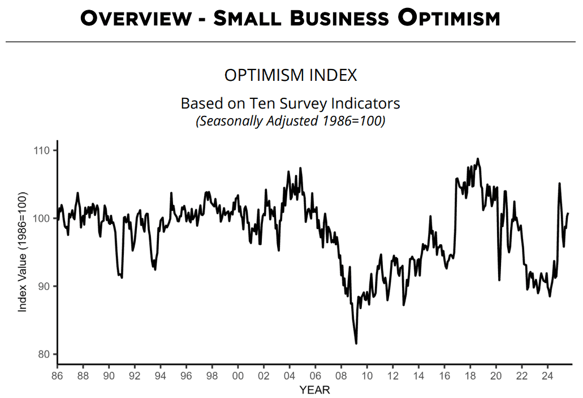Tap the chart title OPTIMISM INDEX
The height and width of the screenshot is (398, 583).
[x=291, y=75]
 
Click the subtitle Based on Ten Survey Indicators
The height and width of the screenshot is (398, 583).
[x=291, y=104]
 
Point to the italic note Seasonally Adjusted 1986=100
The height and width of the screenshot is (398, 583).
[x=291, y=121]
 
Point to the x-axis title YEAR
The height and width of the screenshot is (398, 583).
[x=314, y=390]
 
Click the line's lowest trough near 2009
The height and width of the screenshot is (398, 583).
[x=356, y=343]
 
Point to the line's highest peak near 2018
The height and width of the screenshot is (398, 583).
[x=478, y=159]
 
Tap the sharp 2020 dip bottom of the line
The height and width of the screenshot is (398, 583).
[x=499, y=279]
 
